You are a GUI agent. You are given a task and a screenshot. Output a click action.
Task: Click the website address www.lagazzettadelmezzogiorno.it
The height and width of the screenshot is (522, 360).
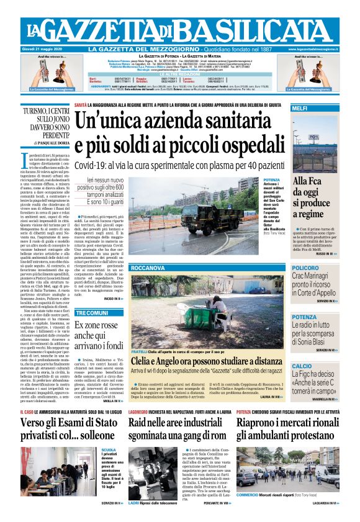pyautogui.click(x=314, y=50)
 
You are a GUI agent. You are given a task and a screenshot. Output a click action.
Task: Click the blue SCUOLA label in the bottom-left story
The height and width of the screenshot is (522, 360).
pyautogui.click(x=109, y=449)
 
